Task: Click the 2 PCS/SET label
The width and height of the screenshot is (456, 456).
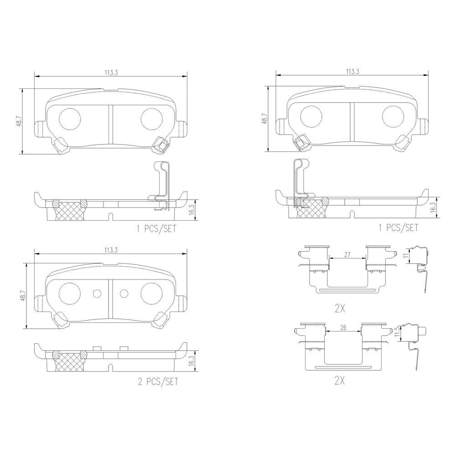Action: [158, 381]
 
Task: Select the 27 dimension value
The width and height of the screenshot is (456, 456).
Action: [347, 254]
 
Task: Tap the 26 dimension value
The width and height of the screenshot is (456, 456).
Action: [343, 327]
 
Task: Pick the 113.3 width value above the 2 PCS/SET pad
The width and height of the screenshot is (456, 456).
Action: [111, 250]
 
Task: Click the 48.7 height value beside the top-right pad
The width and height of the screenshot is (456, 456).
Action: [264, 119]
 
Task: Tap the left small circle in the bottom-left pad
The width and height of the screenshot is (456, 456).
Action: [97, 294]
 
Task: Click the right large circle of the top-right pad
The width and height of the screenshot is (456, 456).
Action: [393, 116]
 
